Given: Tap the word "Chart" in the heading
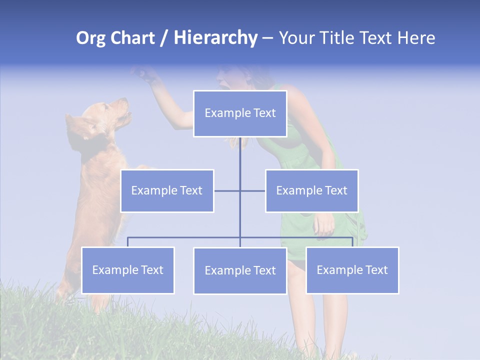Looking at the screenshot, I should coord(132,38).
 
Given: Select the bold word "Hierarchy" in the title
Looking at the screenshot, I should coord(215,38).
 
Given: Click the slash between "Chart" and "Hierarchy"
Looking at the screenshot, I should coord(164,38).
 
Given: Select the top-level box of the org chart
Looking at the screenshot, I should coord(240,113).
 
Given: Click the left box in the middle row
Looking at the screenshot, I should coord(167,190).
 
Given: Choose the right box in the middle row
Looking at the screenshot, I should coord(311,190).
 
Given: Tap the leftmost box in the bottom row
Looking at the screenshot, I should coord(127,270).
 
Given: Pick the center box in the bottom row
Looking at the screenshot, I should coord(240,270).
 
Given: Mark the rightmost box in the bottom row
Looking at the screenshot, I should coord(352,270).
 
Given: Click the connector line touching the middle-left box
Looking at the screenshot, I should coord(226,190).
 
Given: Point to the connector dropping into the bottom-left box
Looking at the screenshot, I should coord(127,242).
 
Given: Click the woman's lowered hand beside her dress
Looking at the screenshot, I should coord(324,224).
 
